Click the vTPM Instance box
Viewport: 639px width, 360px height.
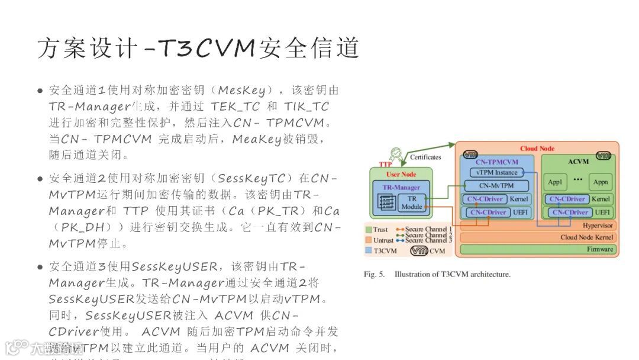tap(497, 172)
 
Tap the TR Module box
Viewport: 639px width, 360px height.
tap(412, 202)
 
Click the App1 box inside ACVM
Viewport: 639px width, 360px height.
tap(554, 181)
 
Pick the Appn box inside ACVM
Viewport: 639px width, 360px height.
tap(600, 181)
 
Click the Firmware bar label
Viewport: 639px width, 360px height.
tap(600, 249)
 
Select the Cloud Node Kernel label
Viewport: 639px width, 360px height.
tap(588, 237)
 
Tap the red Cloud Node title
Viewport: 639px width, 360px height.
tap(537, 149)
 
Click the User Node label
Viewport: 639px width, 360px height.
tap(401, 174)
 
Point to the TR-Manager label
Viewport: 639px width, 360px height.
tap(401, 187)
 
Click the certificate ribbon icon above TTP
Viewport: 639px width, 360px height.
tap(397, 155)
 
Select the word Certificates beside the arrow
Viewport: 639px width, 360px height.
tap(425, 157)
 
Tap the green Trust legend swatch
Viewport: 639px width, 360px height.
tap(369, 229)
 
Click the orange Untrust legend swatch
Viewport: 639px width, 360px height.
tap(369, 240)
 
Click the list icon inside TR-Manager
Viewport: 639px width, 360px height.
tap(386, 202)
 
